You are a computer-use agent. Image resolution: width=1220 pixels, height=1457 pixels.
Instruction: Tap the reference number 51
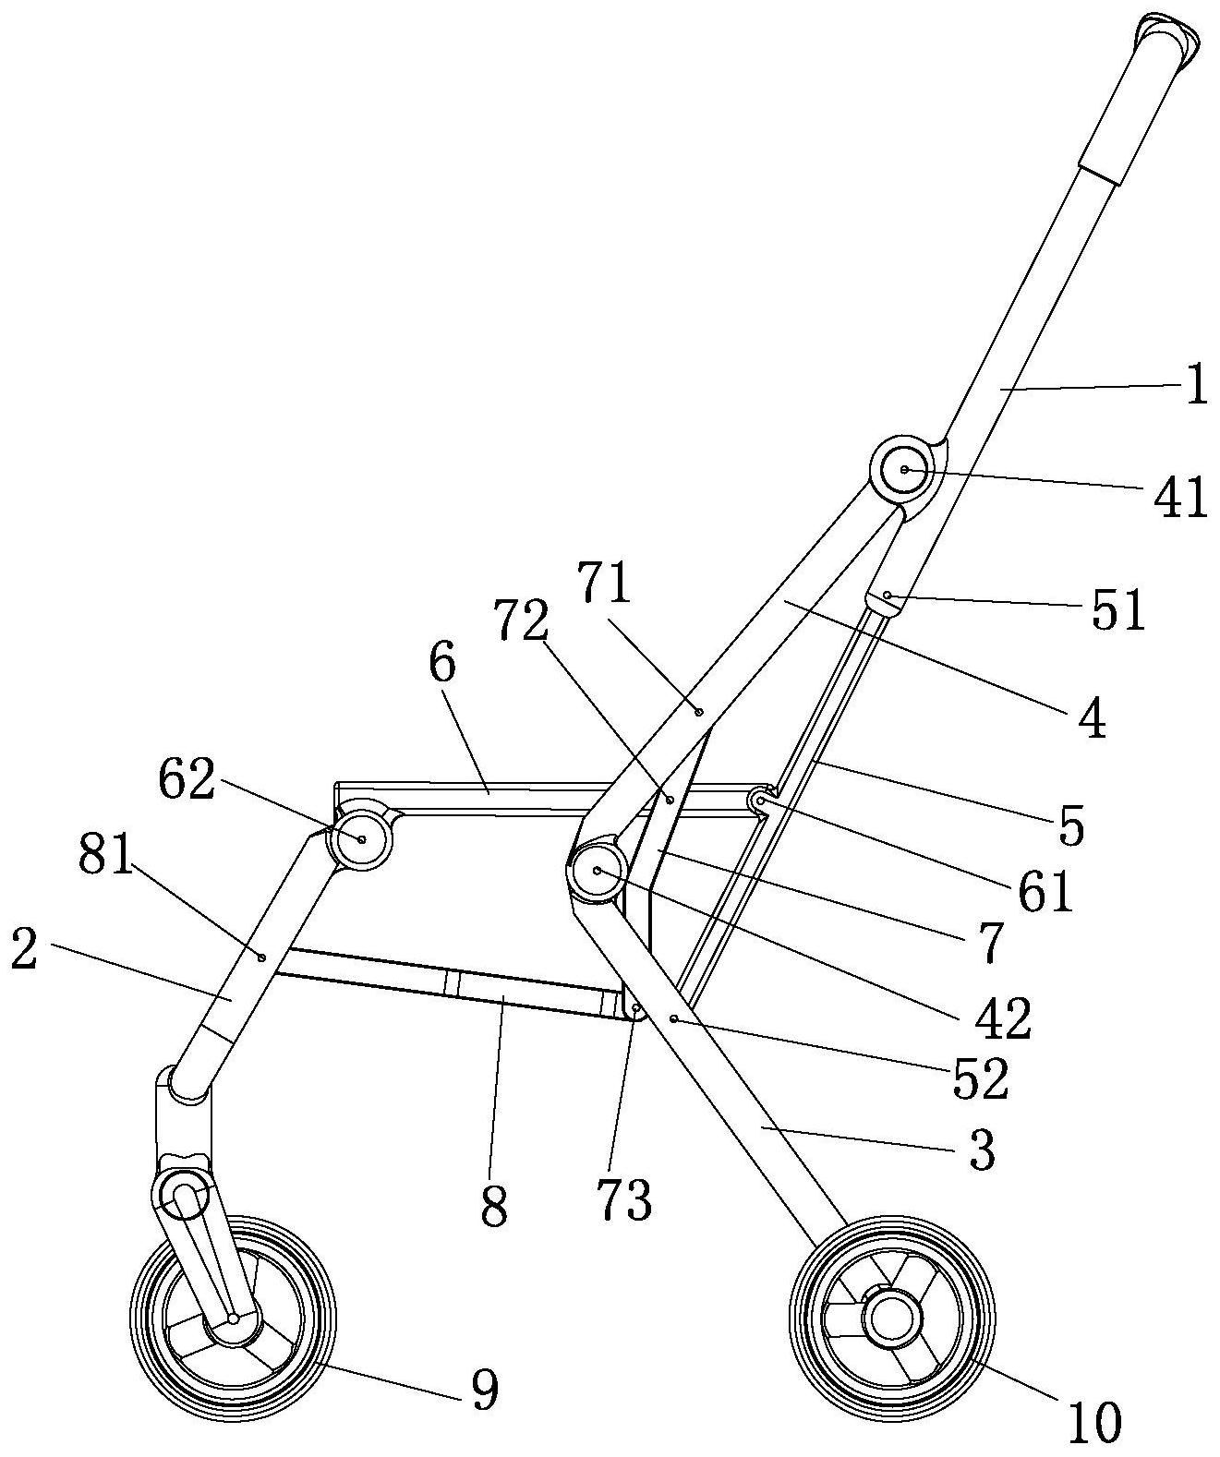1118,610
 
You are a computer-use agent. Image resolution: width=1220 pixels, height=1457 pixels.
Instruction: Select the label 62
187,779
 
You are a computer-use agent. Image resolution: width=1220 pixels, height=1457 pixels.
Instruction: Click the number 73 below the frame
625,1198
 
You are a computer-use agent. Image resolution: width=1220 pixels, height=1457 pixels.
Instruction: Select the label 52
981,1077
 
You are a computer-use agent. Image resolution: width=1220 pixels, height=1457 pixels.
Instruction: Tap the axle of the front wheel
234,1320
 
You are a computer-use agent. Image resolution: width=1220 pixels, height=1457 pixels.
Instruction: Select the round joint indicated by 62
361,839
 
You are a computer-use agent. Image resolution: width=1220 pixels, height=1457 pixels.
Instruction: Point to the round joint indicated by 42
598,871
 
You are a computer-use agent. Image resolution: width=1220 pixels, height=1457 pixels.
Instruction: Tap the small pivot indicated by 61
761,801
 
